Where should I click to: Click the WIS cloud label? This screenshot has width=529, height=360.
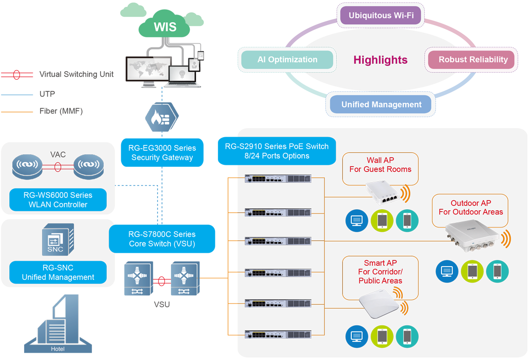(x=165, y=27)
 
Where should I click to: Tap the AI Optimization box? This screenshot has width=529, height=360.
(x=287, y=60)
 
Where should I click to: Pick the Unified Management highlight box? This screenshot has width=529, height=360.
(x=381, y=105)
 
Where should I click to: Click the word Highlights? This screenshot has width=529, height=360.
(x=380, y=60)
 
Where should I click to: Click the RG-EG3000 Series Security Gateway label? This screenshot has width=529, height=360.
(x=162, y=153)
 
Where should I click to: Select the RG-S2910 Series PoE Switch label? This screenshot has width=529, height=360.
(x=277, y=151)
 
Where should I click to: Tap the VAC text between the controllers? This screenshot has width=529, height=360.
(x=58, y=155)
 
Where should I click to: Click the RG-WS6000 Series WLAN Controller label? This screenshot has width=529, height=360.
(x=58, y=200)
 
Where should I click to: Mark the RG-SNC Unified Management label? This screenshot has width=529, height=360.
(x=58, y=273)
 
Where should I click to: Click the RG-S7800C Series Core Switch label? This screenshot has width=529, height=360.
(x=162, y=239)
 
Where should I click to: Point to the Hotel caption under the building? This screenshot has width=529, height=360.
(x=57, y=349)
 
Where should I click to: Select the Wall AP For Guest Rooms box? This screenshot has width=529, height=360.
(x=380, y=165)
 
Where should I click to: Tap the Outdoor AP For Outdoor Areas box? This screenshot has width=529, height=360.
(x=470, y=208)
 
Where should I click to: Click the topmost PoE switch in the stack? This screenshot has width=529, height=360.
(x=278, y=179)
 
